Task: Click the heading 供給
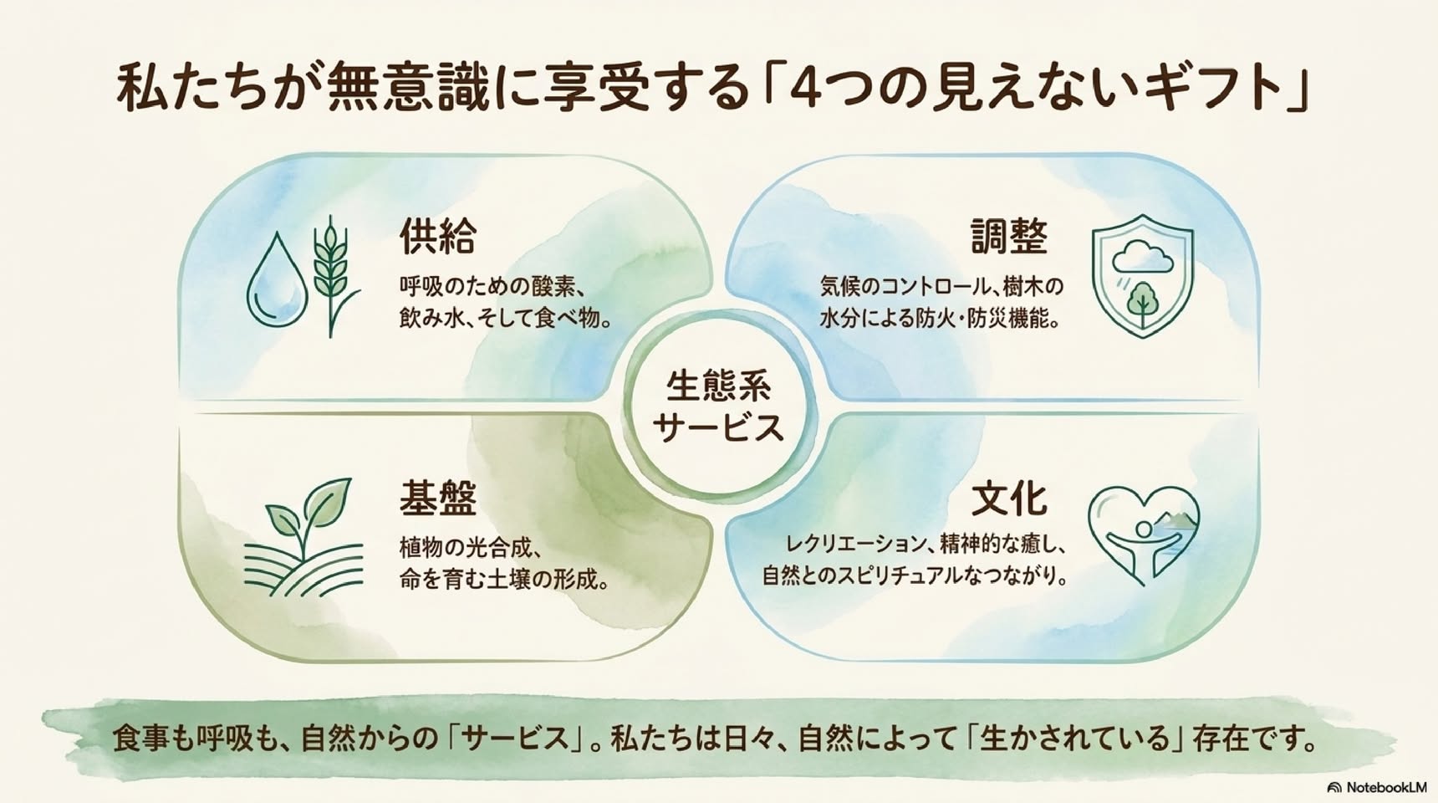click(x=437, y=237)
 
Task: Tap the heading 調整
click(x=1009, y=237)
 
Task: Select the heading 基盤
click(x=437, y=499)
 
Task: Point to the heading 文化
click(x=1009, y=499)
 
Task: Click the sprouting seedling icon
click(x=303, y=536)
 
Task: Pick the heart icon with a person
click(x=1144, y=535)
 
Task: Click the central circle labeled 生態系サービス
click(x=717, y=406)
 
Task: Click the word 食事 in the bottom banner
click(x=140, y=739)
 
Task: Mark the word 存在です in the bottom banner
click(x=1249, y=739)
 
